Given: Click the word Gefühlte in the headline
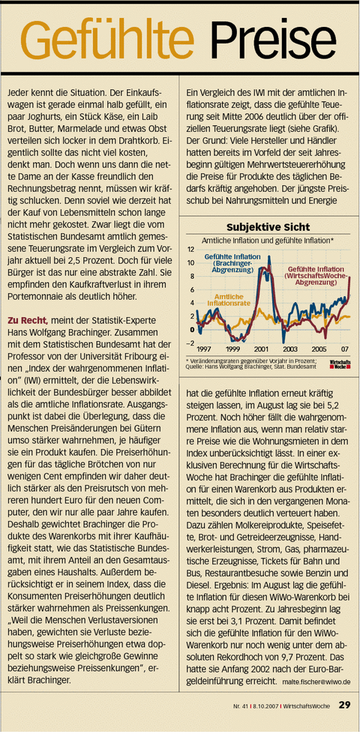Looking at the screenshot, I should tap(109, 37).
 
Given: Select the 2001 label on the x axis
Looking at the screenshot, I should tap(262, 349).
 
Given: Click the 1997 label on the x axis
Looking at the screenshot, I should tap(203, 349).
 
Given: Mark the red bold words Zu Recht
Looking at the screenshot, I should tap(27, 320).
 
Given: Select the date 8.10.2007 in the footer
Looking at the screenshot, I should tap(264, 705).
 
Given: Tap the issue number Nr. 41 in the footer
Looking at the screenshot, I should tap(239, 705).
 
